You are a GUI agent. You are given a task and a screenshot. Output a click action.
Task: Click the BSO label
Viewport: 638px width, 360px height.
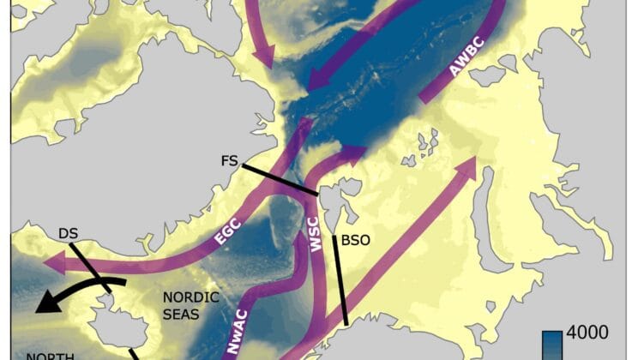355,241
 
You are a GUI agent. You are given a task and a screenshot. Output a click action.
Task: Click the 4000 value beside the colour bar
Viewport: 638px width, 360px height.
588,333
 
